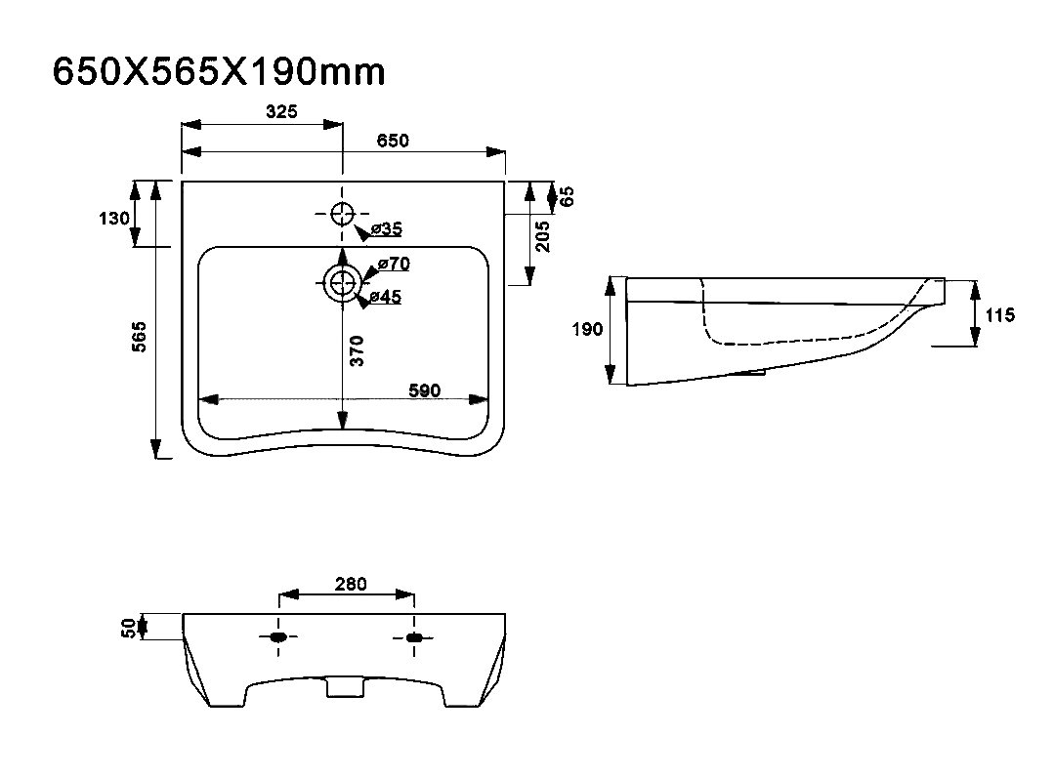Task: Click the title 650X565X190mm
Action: pyautogui.click(x=219, y=71)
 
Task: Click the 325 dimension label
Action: pyautogui.click(x=281, y=112)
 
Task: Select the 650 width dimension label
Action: pyautogui.click(x=393, y=141)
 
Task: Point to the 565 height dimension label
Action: pyautogui.click(x=140, y=337)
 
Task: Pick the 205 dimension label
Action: pyautogui.click(x=544, y=235)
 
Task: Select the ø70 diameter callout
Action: pyautogui.click(x=393, y=264)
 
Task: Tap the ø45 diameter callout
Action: pyautogui.click(x=387, y=297)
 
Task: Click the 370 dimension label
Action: pyautogui.click(x=358, y=349)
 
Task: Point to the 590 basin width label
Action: pyautogui.click(x=425, y=390)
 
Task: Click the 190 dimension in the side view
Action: pyautogui.click(x=587, y=330)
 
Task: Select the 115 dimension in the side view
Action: pyautogui.click(x=1000, y=314)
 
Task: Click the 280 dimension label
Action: pyautogui.click(x=351, y=584)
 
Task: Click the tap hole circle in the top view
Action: pyautogui.click(x=342, y=214)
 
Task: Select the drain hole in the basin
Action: pyautogui.click(x=342, y=283)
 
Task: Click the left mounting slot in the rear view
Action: pyautogui.click(x=279, y=637)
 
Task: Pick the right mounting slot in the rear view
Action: pyautogui.click(x=414, y=637)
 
